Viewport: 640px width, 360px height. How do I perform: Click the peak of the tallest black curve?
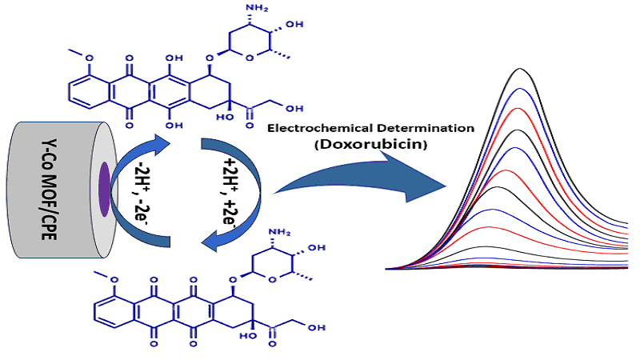521,70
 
